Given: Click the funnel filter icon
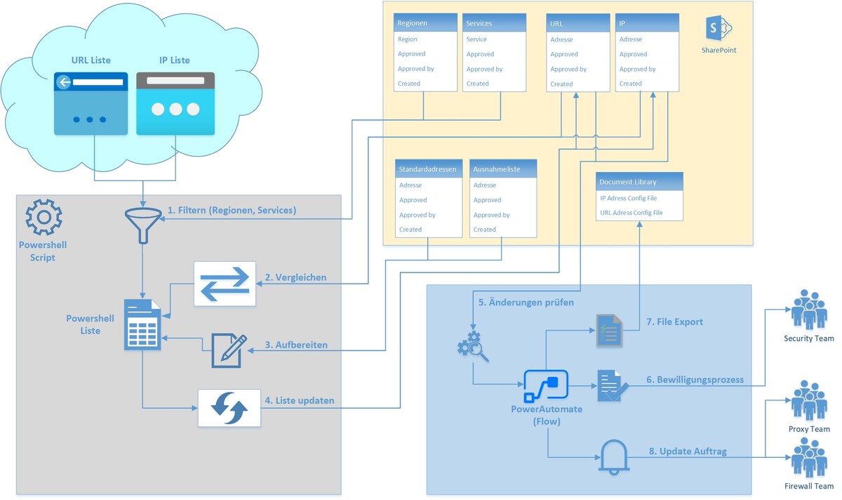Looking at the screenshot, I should [143, 223].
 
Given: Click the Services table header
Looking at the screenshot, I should [494, 23].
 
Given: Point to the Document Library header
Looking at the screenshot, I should [639, 182].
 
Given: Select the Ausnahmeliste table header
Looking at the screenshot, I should [503, 169].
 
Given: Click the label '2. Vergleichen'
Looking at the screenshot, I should [295, 277].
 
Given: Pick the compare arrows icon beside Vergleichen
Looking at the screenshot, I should [225, 283].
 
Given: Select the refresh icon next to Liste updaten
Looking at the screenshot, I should [229, 407].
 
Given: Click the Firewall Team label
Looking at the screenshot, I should [808, 486].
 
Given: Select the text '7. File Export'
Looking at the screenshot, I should [674, 322].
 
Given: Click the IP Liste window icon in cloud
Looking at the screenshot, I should [175, 103].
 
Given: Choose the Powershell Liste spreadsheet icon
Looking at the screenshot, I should [143, 324].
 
